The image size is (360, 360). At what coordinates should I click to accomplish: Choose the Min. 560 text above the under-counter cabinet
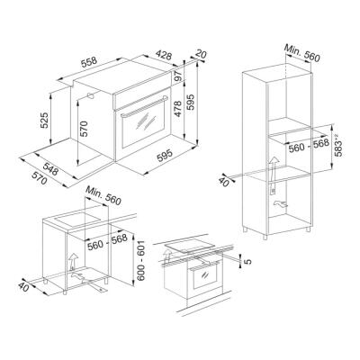103,192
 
